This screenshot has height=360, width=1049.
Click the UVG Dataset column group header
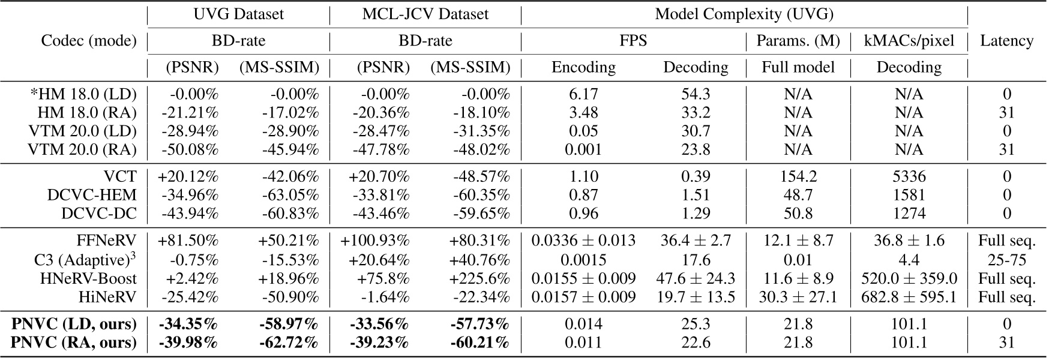(238, 14)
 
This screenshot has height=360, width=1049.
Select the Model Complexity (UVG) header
(744, 14)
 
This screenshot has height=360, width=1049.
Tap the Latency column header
(1006, 41)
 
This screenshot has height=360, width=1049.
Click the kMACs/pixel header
(909, 41)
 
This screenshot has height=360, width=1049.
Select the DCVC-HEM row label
(92, 195)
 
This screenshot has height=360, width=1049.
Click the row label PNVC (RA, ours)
(74, 343)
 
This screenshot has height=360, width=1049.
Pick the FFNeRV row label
(106, 241)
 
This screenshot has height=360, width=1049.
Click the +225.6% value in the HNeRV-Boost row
(479, 278)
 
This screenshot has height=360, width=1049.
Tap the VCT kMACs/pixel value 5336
(909, 176)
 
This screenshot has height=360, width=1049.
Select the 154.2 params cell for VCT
(798, 176)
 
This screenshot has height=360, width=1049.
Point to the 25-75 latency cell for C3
(1006, 260)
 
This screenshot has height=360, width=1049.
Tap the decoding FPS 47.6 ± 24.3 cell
(695, 278)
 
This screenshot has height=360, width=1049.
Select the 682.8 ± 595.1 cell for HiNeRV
(909, 297)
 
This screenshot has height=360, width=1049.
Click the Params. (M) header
(798, 41)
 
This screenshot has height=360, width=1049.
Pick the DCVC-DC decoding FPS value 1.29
(695, 213)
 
